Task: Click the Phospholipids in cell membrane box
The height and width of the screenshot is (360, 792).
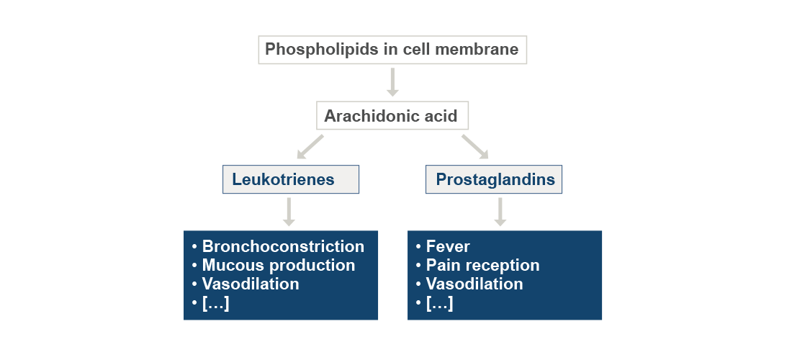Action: [392, 50]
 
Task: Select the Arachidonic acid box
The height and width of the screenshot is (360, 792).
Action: [392, 116]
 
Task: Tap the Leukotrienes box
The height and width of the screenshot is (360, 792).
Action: [290, 179]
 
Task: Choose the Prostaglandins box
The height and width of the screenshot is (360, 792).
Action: [494, 179]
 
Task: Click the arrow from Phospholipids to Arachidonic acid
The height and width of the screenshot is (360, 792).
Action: [392, 82]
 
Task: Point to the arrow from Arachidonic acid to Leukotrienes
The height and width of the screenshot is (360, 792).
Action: [310, 147]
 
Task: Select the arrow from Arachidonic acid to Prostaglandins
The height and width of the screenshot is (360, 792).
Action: [475, 147]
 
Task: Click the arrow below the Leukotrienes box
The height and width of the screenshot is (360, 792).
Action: [289, 212]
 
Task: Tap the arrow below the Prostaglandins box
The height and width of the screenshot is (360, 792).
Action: [500, 212]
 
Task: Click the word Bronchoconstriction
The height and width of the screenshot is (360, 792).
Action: [283, 247]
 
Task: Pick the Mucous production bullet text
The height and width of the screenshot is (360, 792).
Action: [279, 266]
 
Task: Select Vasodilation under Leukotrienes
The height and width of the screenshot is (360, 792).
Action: [251, 284]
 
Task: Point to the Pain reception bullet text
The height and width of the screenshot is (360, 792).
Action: [482, 266]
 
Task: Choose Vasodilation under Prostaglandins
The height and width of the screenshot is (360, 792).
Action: [474, 284]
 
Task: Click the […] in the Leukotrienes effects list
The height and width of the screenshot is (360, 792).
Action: [215, 303]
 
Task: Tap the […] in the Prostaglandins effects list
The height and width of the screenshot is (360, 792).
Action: [439, 303]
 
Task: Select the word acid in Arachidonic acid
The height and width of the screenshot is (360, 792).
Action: [441, 116]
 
